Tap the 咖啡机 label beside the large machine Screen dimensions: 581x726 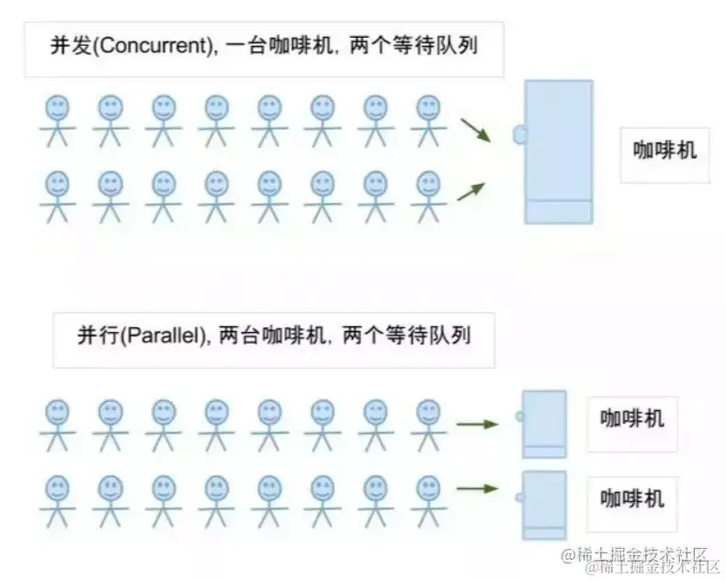tap(665, 149)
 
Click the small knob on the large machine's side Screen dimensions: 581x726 tap(520, 135)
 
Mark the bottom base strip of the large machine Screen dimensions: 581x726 tap(559, 211)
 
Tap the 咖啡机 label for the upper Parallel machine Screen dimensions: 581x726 tap(632, 419)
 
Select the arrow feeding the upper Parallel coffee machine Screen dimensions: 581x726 tap(477, 424)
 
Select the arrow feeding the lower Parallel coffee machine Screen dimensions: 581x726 tap(477, 488)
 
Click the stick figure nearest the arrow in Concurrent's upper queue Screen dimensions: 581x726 tap(427, 120)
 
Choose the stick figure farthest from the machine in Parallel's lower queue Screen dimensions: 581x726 tap(57, 500)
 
